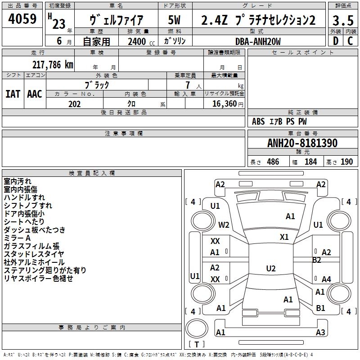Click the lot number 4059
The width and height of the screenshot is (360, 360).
[x=22, y=18]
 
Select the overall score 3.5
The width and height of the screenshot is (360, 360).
[x=343, y=20]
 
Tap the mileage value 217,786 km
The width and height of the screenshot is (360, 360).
[x=53, y=65]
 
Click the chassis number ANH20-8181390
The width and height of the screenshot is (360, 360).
[x=302, y=143]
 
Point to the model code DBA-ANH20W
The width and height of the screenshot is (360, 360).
[x=258, y=41]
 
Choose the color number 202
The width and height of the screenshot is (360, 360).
[x=75, y=104]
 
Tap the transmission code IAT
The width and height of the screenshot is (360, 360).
[x=13, y=94]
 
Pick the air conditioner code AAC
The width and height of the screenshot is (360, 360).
[x=35, y=94]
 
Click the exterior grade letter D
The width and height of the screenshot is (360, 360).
[x=336, y=41]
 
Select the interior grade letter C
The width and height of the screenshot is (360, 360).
[x=350, y=41]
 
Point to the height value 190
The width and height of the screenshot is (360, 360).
[x=346, y=162]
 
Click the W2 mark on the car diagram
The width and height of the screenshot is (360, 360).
[x=224, y=225]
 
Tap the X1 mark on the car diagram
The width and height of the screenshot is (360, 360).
[x=284, y=237]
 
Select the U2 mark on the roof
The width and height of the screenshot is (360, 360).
[x=271, y=268]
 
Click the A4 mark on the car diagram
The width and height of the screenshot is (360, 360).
[x=326, y=279]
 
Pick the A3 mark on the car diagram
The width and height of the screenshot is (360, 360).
[x=320, y=332]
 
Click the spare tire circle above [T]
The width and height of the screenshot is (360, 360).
[x=197, y=328]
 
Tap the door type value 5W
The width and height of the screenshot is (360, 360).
[x=175, y=20]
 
